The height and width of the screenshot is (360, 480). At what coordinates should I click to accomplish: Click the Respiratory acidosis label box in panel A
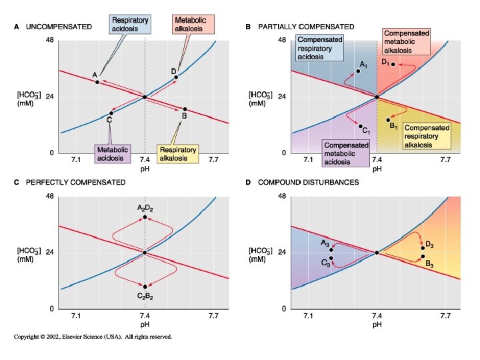coord(130,25)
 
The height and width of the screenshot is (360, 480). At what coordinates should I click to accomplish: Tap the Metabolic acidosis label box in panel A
coord(111,153)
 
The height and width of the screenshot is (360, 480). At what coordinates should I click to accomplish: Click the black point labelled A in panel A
coord(97,82)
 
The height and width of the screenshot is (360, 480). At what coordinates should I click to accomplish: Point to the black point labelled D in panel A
coord(176,77)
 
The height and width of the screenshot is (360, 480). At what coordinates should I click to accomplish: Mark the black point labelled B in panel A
coord(185,109)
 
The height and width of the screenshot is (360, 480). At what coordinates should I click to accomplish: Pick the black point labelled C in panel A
coord(111,113)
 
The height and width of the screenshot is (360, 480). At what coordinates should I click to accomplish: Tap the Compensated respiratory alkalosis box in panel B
coord(427,136)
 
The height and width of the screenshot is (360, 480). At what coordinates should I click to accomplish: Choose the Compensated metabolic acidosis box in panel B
coord(345,153)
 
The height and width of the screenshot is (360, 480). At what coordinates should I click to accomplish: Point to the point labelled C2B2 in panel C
coord(145,287)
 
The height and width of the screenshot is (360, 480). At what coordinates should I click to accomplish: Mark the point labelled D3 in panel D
coord(423,248)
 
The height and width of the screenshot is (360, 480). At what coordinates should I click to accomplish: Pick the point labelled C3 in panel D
coord(331,258)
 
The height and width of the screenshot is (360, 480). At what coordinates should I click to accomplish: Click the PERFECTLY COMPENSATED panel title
coord(75,182)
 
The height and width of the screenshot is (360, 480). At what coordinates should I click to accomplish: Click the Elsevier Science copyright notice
coord(93,337)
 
